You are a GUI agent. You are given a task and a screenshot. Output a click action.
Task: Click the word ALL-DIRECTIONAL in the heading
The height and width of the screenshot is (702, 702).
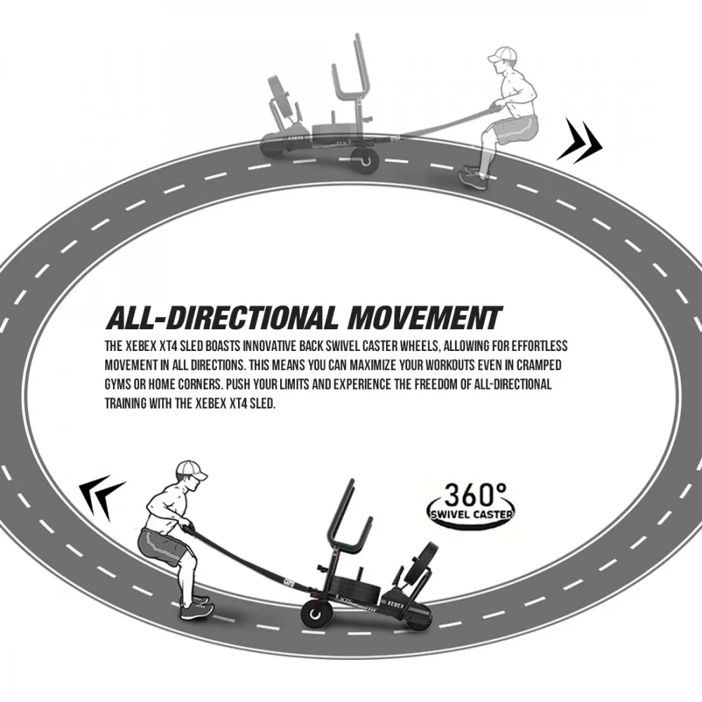coord(223,318)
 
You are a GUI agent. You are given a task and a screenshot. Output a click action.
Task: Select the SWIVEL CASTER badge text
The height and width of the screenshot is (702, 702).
coord(471,515)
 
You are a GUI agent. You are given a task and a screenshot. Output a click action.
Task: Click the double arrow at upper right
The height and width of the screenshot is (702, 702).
coord(580,140)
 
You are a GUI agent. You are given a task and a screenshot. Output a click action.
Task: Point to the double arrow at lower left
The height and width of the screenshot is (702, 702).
coord(102,498)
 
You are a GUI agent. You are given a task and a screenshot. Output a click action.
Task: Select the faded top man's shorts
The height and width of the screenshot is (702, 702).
coord(517,130)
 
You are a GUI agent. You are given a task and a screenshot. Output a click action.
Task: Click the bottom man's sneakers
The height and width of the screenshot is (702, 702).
coord(196,607)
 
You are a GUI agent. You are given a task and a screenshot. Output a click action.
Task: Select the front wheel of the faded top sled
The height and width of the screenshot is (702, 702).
coord(365,163)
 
